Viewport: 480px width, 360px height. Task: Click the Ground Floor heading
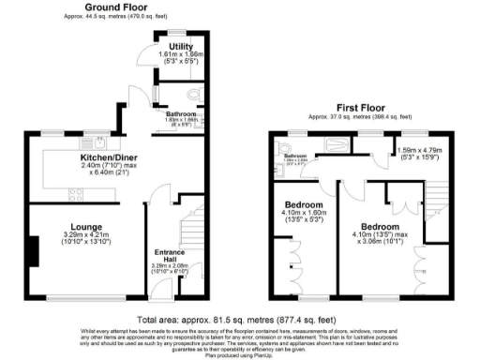click(101, 7)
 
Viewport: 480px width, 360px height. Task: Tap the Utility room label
click(181, 46)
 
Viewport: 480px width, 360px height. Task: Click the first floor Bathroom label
click(296, 156)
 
